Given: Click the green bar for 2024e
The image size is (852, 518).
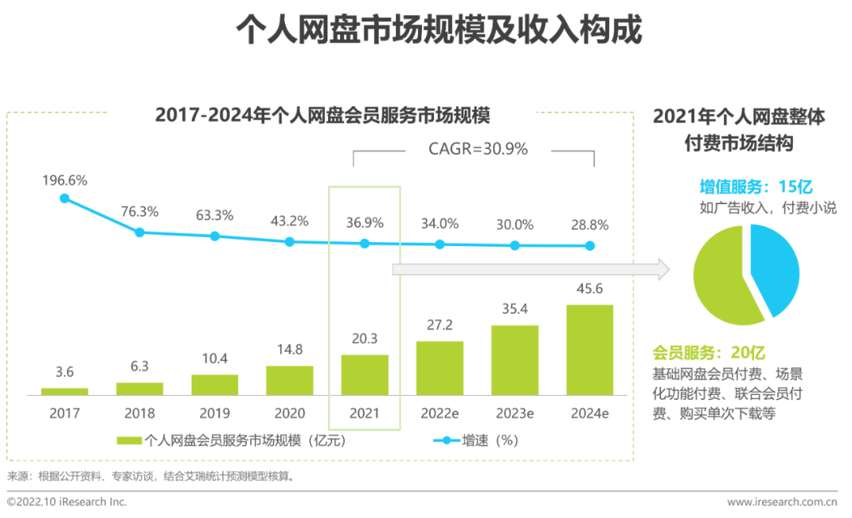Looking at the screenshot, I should [x=590, y=349].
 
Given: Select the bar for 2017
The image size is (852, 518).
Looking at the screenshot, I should [x=65, y=391].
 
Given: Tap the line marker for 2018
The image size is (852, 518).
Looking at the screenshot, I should [x=140, y=233].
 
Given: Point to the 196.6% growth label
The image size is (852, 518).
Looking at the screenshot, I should [x=65, y=181].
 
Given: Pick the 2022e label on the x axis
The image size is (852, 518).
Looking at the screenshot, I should [x=439, y=413].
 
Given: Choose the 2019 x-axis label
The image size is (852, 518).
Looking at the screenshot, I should [x=215, y=413].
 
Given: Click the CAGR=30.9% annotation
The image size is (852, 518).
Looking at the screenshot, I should [x=478, y=148].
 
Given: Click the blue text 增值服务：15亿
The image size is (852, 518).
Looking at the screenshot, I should [x=756, y=187].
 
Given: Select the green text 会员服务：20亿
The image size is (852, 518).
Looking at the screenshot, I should [x=708, y=353].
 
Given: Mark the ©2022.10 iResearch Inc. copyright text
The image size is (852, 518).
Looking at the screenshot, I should [x=66, y=501].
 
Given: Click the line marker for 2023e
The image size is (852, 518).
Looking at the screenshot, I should [x=514, y=245].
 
